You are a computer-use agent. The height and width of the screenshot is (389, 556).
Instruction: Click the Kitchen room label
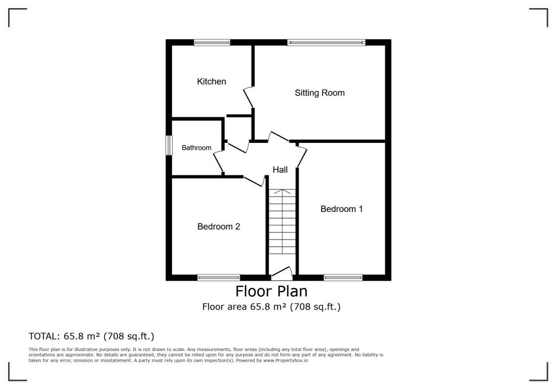211,81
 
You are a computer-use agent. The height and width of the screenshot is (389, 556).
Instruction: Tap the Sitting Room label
319,93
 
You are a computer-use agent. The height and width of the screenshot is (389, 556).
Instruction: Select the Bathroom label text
197,148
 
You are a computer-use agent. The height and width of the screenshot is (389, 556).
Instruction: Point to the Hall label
280,170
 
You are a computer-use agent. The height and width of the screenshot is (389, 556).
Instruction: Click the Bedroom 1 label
342,209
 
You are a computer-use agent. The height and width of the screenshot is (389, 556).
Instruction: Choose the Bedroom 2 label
218,227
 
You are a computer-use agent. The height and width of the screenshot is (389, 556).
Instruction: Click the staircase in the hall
282,228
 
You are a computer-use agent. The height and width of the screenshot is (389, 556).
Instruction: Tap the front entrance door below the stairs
282,273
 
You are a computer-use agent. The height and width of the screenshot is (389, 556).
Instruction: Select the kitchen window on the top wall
212,42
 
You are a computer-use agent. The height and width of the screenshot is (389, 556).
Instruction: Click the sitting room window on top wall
326,42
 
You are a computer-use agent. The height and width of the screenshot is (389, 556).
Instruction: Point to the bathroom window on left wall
169,145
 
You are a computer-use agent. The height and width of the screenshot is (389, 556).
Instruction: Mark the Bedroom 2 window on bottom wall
218,278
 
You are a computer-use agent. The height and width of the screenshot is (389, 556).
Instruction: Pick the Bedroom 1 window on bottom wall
343,278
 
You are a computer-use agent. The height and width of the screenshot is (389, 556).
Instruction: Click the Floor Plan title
271,291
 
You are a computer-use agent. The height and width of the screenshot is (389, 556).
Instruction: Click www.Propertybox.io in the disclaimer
286,361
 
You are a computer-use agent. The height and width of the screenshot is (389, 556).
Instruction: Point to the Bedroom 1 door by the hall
302,156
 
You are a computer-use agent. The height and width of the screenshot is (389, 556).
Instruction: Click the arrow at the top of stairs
282,192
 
